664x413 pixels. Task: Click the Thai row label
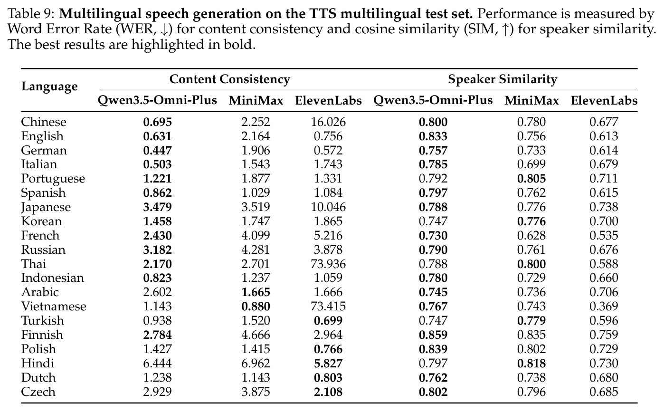point(34,264)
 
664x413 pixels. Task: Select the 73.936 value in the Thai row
point(328,264)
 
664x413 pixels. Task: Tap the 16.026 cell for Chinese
point(328,122)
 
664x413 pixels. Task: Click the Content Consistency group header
point(230,79)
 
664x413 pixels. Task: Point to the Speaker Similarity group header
point(503,79)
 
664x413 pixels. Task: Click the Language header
point(49,86)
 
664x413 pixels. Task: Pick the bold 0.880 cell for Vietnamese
point(256,306)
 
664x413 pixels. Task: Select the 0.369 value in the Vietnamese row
point(604,306)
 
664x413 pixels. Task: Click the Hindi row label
point(38,363)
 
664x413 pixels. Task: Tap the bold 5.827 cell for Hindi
point(328,363)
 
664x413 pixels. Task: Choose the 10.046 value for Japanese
point(328,207)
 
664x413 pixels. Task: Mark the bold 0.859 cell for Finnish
point(433,335)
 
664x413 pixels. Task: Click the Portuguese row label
point(53,179)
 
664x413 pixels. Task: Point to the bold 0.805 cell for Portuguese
point(531,178)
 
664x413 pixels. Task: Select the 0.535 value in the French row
point(604,235)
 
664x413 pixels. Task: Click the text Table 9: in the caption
point(31,14)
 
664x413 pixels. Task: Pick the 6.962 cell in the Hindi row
point(256,363)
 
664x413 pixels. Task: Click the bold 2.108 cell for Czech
point(328,392)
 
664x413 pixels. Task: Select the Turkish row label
point(42,320)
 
